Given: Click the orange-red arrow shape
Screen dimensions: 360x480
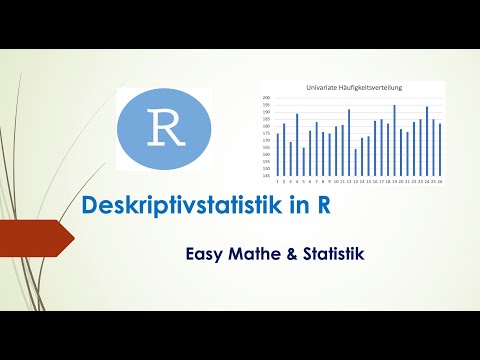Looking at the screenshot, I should point(35,240).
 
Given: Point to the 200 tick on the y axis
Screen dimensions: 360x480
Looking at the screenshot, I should point(266,99).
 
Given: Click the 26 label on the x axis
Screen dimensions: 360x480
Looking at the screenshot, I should point(440,183).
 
